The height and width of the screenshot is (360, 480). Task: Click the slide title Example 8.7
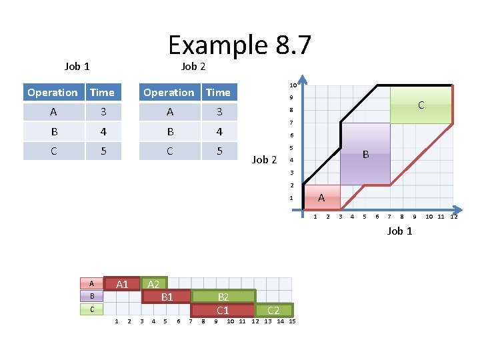(239, 45)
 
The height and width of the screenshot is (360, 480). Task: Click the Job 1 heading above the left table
(77, 66)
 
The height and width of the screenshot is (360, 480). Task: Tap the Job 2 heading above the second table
(193, 66)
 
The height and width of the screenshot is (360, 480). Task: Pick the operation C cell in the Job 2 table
(169, 151)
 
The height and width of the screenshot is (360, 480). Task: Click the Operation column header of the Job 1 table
(53, 93)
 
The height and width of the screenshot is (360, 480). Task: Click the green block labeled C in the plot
(421, 105)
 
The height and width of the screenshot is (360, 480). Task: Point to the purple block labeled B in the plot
(365, 154)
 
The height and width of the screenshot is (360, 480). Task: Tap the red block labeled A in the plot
(321, 197)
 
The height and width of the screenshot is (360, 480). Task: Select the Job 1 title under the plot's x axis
(400, 231)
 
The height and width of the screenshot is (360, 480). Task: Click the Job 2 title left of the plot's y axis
(264, 159)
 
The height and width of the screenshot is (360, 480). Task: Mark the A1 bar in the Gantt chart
(122, 285)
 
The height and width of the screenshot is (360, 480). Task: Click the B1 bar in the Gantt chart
(167, 297)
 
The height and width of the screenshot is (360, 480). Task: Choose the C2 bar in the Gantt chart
(273, 310)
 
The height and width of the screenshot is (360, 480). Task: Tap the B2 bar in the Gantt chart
(223, 297)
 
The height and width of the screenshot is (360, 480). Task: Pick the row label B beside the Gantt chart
(93, 295)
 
